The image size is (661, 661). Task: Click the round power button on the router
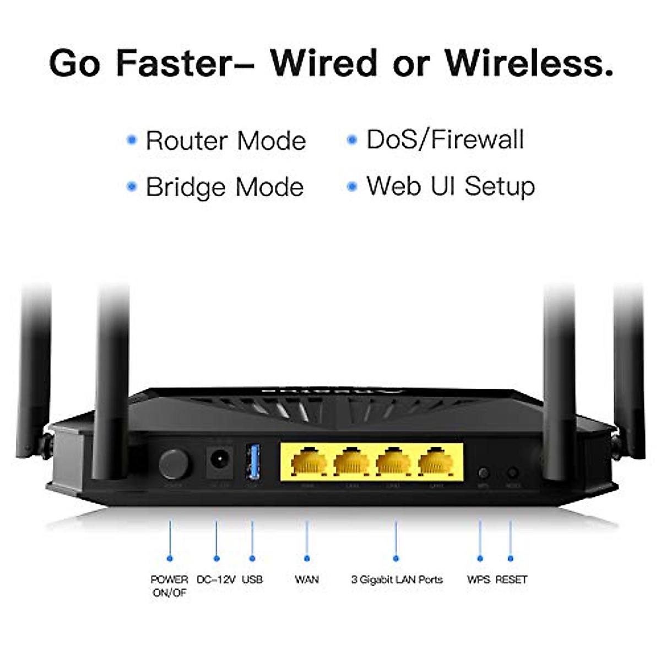(174, 464)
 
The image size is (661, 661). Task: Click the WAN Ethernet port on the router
(308, 462)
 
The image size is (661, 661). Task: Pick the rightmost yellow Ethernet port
(436, 462)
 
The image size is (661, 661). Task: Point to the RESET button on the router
(512, 473)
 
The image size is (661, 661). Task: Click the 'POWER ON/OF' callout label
(169, 586)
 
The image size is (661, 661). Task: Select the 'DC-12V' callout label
(216, 579)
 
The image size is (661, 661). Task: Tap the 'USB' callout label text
(252, 579)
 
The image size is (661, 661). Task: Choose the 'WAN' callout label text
(307, 579)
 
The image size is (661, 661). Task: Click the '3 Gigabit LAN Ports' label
(397, 579)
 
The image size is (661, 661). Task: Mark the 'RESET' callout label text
(511, 579)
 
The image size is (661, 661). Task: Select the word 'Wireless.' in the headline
(529, 63)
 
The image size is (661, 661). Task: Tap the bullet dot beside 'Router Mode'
(131, 140)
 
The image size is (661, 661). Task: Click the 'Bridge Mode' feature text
(225, 187)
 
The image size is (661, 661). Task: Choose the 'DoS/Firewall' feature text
(445, 140)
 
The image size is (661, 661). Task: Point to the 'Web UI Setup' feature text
(451, 186)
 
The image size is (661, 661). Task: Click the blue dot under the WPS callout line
(480, 559)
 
